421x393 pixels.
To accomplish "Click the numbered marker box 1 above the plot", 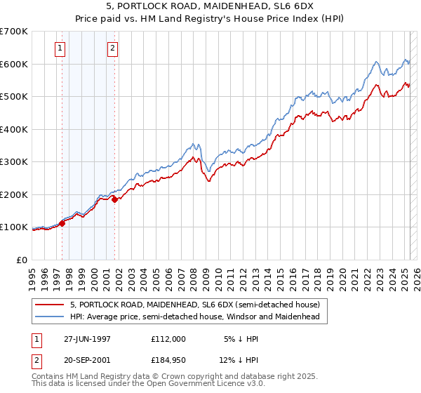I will click(x=60, y=48).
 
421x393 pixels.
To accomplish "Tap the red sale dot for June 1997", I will click(x=62, y=223).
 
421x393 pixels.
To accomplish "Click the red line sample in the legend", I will click(x=49, y=305).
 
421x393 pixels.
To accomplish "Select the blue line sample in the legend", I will click(x=49, y=317).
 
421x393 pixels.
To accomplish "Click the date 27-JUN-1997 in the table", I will click(x=87, y=338).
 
